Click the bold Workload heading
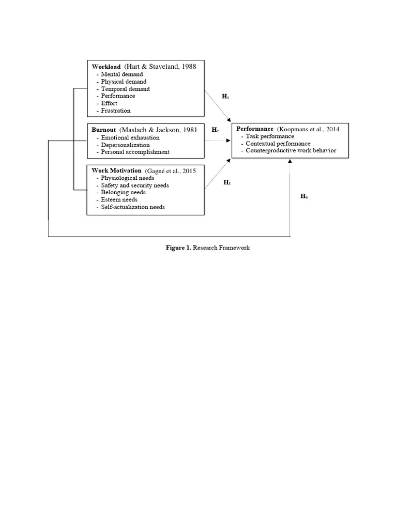pos(106,67)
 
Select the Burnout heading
pos(104,130)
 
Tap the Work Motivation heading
pos(116,170)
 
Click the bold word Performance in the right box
pos(255,129)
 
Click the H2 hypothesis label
pos(215,130)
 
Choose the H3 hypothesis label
pos(227,182)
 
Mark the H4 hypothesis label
pos(304,196)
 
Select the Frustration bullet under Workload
pos(115,111)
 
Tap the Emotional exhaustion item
pos(130,138)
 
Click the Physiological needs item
pos(125,178)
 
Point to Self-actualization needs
pos(133,207)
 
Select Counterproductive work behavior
pos(291,150)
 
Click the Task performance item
pos(270,136)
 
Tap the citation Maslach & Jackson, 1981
pos(158,130)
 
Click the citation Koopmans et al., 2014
pos(308,129)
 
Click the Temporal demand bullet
pos(125,89)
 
